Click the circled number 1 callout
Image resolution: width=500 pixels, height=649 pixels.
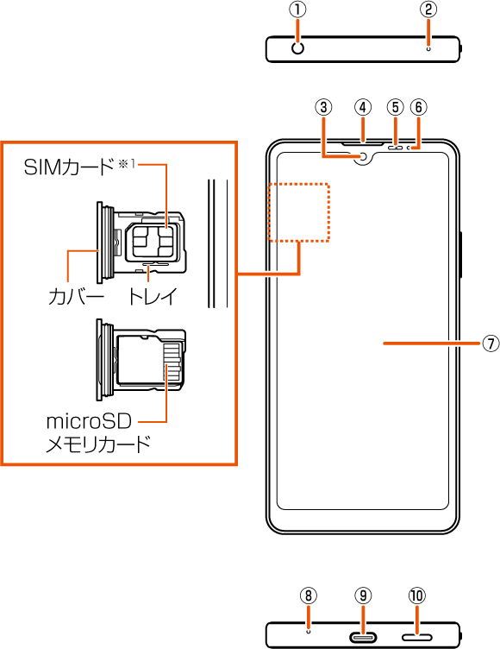[x=297, y=10]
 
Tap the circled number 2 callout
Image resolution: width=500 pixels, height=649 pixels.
[x=428, y=9]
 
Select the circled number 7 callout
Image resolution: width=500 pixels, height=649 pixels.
[x=490, y=343]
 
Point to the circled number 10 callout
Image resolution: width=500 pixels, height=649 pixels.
[x=417, y=595]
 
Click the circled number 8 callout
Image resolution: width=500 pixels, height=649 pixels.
[x=308, y=595]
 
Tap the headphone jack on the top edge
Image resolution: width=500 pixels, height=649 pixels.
[x=297, y=48]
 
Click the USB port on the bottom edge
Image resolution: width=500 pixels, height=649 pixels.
[x=364, y=636]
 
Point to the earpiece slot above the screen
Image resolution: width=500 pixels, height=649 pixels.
[x=363, y=144]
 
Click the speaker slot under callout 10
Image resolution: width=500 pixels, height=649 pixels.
[x=417, y=636]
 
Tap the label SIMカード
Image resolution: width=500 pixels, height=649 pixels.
[x=69, y=167]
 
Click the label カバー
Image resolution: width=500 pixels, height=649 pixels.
[x=76, y=296]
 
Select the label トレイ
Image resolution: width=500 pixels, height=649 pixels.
[x=153, y=296]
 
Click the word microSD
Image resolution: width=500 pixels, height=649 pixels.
[x=89, y=421]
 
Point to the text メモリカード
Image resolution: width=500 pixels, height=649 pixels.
[x=98, y=444]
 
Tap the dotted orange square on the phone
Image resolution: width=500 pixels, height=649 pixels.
[x=299, y=212]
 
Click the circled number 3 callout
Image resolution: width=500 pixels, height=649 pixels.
[x=323, y=107]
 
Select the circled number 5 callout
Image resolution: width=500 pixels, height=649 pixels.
[x=396, y=107]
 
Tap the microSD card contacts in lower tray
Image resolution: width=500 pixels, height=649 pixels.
[x=172, y=362]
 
